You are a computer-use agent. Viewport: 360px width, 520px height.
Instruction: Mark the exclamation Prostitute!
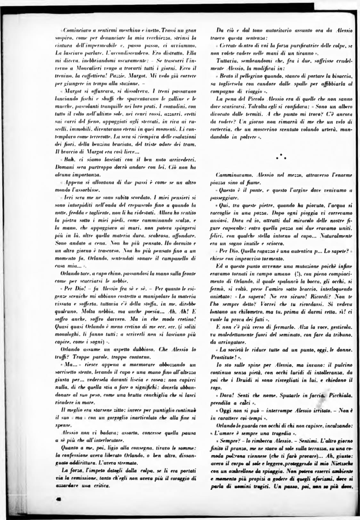pyautogui.click(x=225, y=357)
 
